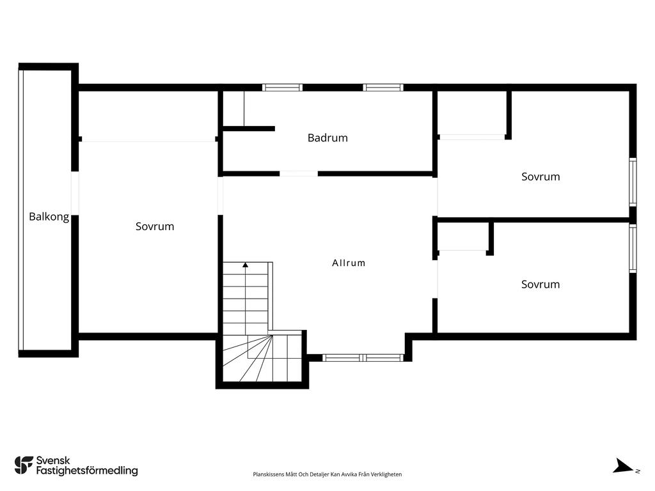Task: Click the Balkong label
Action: [49, 217]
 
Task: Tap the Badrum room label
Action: [327, 137]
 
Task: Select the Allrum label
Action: [349, 263]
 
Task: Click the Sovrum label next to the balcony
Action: [155, 226]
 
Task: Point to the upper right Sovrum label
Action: [541, 176]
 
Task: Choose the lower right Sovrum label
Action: [541, 284]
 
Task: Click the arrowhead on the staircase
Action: [245, 265]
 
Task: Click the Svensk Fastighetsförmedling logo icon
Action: [24, 465]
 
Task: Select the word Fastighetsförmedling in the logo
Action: [87, 471]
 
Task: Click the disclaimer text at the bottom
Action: [327, 474]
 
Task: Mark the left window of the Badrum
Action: [282, 88]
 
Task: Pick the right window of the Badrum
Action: [383, 88]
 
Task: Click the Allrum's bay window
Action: [363, 357]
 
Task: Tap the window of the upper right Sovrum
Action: [633, 182]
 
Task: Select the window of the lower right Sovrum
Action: [633, 248]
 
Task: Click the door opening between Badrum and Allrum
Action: [299, 173]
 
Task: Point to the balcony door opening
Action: [75, 193]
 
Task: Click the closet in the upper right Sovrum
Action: [472, 113]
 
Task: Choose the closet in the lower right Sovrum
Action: [462, 236]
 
